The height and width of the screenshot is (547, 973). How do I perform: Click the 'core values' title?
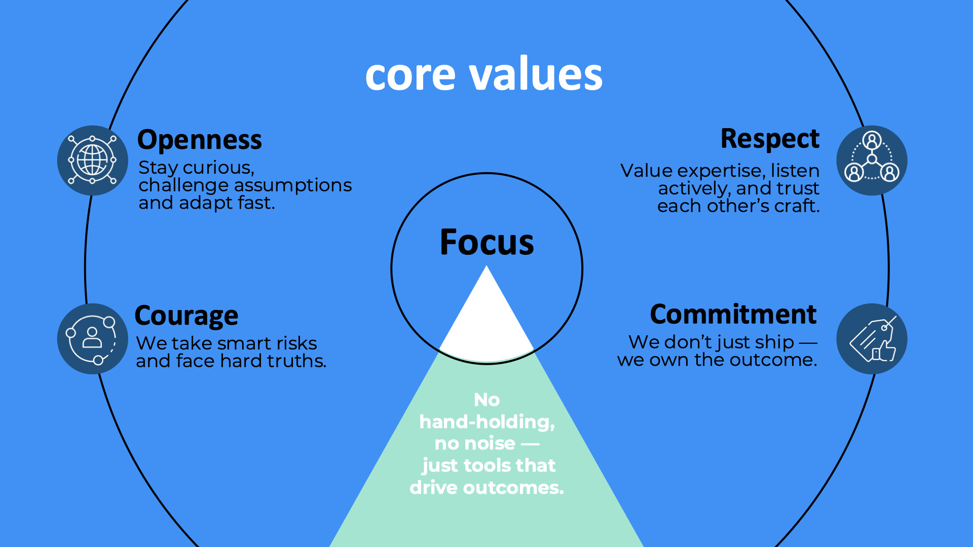[484, 74]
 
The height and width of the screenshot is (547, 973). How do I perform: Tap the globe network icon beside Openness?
[92, 160]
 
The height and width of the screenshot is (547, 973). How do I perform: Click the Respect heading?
[770, 138]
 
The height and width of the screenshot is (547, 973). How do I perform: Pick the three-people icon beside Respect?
[872, 160]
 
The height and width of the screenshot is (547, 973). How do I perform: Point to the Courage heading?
[186, 316]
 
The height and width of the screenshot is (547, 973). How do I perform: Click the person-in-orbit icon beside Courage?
[92, 339]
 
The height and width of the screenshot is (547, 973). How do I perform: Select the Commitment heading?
[733, 314]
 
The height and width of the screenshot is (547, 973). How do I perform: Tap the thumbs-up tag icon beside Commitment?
[872, 339]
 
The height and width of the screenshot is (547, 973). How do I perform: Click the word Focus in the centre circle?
[486, 242]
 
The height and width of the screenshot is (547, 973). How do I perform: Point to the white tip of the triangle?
[486, 267]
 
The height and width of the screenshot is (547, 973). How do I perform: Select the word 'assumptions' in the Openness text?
[295, 186]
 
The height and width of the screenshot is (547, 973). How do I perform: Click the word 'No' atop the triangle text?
[486, 400]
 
